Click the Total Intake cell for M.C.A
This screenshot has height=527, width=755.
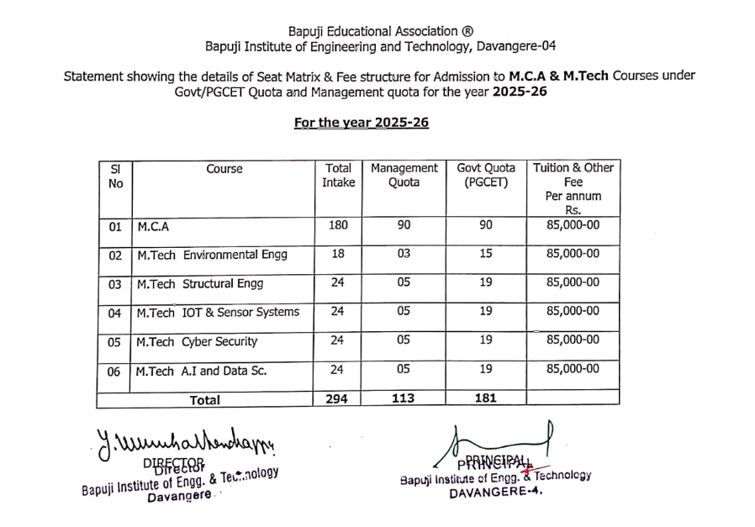pyautogui.click(x=338, y=225)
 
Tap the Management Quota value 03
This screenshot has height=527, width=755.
pyautogui.click(x=404, y=253)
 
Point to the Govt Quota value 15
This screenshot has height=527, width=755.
pyautogui.click(x=486, y=253)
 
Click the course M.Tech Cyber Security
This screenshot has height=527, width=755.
pyautogui.click(x=197, y=342)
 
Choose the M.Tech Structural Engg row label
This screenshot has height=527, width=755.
pyautogui.click(x=190, y=284)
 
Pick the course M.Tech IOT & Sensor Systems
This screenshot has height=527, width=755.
pyautogui.click(x=218, y=313)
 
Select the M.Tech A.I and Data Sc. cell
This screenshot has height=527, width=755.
pyautogui.click(x=201, y=371)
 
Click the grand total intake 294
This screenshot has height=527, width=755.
pyautogui.click(x=338, y=398)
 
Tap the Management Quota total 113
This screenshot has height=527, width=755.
pyautogui.click(x=404, y=398)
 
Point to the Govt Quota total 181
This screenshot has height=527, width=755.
pyautogui.click(x=486, y=398)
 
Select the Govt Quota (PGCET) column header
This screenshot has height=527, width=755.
pyautogui.click(x=486, y=175)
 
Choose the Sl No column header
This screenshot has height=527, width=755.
pyautogui.click(x=116, y=175)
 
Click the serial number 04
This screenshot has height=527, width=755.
pyautogui.click(x=116, y=314)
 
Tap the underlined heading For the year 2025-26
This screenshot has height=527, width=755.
pyautogui.click(x=362, y=123)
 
